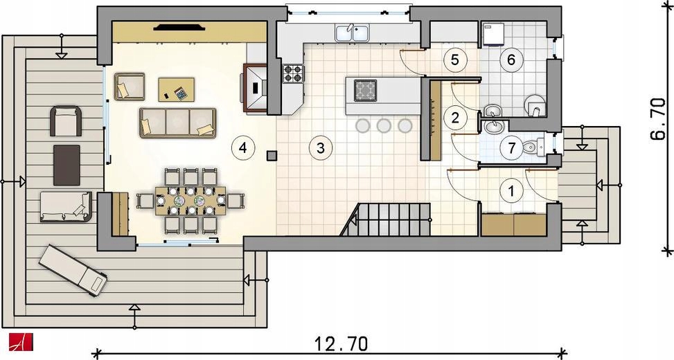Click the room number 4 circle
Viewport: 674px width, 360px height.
(243, 148)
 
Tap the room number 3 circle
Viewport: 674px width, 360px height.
(320, 148)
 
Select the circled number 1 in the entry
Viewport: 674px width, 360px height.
(511, 190)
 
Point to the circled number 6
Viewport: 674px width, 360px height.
(511, 60)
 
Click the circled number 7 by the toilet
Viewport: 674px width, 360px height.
(511, 149)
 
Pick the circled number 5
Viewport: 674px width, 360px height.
(455, 60)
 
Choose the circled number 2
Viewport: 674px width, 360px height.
(455, 117)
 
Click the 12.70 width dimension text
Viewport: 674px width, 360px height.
(341, 344)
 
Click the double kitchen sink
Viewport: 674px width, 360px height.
(352, 33)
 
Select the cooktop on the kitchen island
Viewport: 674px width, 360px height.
(365, 90)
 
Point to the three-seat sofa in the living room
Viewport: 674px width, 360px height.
(177, 123)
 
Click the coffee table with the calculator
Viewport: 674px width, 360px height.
(176, 89)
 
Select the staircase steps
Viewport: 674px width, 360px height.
(386, 219)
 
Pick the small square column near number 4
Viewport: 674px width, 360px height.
(272, 156)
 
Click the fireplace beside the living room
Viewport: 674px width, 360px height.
(256, 88)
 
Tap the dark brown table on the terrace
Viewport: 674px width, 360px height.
(66, 165)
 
